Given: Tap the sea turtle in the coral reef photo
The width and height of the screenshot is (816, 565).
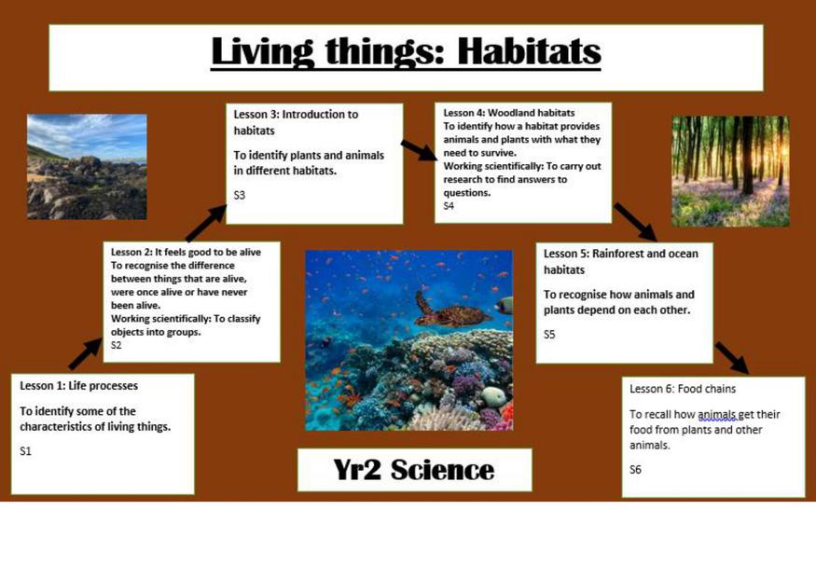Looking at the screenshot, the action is pyautogui.click(x=452, y=310).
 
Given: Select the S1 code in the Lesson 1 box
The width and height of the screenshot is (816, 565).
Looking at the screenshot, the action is pyautogui.click(x=25, y=451).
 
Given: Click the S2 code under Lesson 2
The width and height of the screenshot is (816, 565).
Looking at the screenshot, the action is pyautogui.click(x=116, y=345).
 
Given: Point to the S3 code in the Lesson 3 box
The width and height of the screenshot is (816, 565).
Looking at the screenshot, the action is pyautogui.click(x=240, y=195).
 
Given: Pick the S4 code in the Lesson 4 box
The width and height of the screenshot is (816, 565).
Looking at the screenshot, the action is pyautogui.click(x=449, y=206).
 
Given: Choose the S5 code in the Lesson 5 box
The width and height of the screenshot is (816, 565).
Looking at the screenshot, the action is pyautogui.click(x=549, y=335).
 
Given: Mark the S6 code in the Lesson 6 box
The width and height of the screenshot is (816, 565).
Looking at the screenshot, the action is pyautogui.click(x=635, y=470).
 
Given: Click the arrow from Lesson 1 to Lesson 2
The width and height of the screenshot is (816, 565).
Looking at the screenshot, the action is pyautogui.click(x=85, y=353).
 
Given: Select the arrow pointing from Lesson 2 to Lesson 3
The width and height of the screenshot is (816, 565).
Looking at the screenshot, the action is pyautogui.click(x=205, y=223).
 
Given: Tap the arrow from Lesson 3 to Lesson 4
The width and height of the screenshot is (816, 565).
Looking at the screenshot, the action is pyautogui.click(x=419, y=150).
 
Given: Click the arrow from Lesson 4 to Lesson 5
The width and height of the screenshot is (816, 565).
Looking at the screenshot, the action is pyautogui.click(x=635, y=222).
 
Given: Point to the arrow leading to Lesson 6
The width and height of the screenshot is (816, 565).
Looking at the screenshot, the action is pyautogui.click(x=732, y=358).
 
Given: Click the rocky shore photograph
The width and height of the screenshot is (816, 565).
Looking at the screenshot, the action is pyautogui.click(x=87, y=167).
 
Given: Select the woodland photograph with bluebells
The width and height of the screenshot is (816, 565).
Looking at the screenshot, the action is pyautogui.click(x=730, y=172).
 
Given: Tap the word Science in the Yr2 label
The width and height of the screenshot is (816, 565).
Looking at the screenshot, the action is pyautogui.click(x=442, y=470).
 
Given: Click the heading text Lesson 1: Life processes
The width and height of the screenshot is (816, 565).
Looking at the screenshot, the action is pyautogui.click(x=79, y=386).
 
